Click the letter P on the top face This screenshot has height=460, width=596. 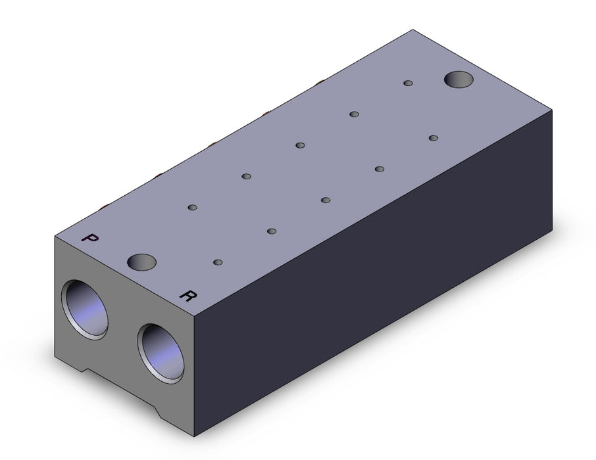point(90,238)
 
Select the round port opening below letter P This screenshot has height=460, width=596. point(85,310)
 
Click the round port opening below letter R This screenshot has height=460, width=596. point(161,354)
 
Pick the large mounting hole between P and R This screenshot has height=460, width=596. point(142,262)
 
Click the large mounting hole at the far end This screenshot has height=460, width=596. point(459,80)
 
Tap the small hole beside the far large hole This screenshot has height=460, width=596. point(409,83)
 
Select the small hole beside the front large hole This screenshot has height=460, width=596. point(218,262)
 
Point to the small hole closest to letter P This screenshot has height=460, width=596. point(193,208)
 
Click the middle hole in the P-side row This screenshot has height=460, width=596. point(300,145)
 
